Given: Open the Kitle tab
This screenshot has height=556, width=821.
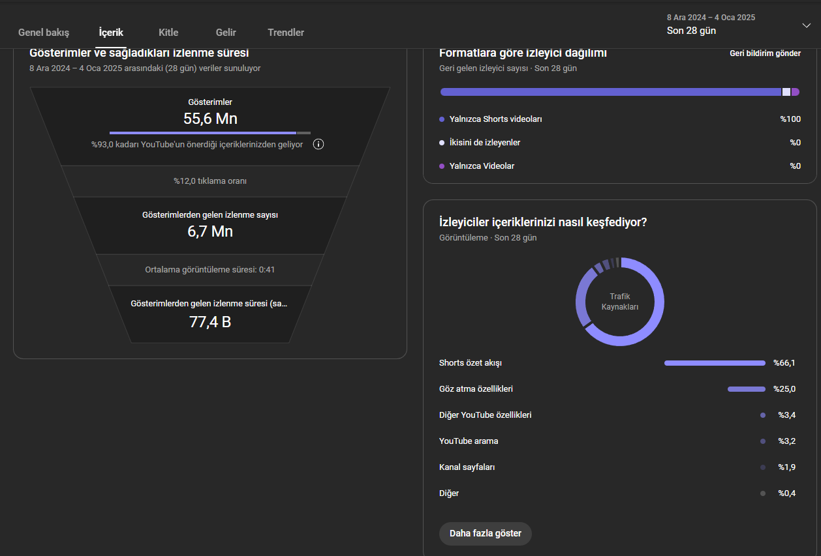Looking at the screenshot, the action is click(168, 33).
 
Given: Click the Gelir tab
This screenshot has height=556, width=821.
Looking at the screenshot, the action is click(226, 33).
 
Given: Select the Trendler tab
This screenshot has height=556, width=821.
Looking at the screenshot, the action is click(286, 33).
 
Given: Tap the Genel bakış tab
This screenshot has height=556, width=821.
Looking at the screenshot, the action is click(44, 33).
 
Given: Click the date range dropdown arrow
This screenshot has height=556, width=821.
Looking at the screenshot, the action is click(807, 25).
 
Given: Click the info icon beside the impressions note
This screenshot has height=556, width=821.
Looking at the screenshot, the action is click(318, 144).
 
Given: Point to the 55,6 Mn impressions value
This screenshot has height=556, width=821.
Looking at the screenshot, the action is click(210, 119).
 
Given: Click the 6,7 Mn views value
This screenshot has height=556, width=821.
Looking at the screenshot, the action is click(210, 231).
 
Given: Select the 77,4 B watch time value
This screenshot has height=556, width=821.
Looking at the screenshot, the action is click(210, 322).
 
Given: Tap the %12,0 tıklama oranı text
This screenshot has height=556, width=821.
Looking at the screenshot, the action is click(210, 181).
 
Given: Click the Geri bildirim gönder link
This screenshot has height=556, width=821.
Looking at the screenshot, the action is click(765, 53).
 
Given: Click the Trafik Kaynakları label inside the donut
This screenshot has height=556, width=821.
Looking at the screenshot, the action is click(620, 302).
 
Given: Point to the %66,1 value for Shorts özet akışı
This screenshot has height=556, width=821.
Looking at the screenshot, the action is click(784, 363).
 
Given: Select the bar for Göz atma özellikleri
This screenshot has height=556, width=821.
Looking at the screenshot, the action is click(746, 389).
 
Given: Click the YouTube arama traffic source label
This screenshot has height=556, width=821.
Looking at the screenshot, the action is click(469, 441).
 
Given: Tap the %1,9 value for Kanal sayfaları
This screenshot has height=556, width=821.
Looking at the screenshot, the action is click(787, 467).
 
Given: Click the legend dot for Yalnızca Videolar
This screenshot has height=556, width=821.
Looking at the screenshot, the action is click(442, 166).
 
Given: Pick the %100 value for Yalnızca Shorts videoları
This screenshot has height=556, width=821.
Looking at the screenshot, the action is click(790, 119).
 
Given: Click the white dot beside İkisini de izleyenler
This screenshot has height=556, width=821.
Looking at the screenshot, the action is click(442, 143).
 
